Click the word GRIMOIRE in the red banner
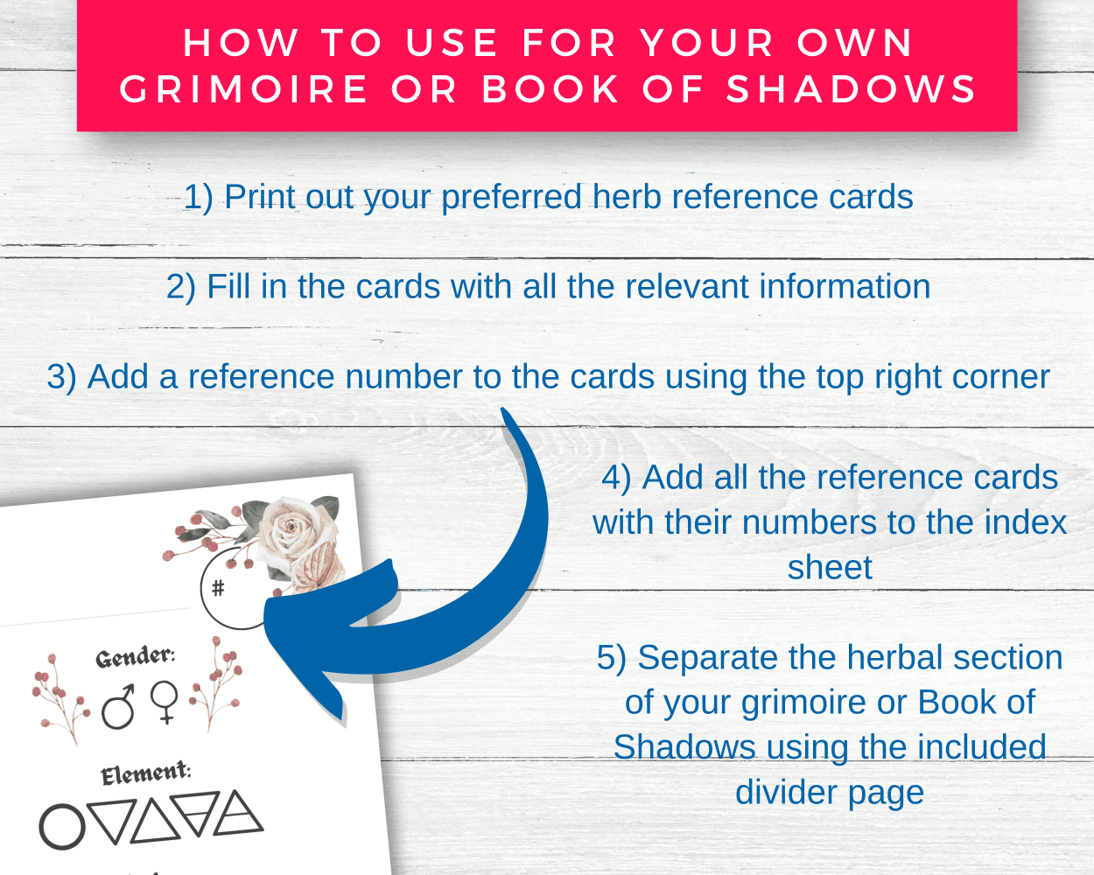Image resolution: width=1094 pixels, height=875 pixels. (x=244, y=89)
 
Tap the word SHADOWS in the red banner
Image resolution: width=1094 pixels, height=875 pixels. (x=851, y=89)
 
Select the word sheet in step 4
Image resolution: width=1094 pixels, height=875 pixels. (x=830, y=567)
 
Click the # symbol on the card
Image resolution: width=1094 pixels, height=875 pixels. (x=218, y=588)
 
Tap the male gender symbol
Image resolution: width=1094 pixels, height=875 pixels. (x=118, y=707)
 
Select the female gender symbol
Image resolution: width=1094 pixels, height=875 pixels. (x=165, y=702)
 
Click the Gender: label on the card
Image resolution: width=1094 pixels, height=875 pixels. (x=136, y=657)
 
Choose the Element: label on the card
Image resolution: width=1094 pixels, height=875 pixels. (x=145, y=773)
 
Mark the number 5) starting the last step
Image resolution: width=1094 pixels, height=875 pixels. (x=612, y=658)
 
